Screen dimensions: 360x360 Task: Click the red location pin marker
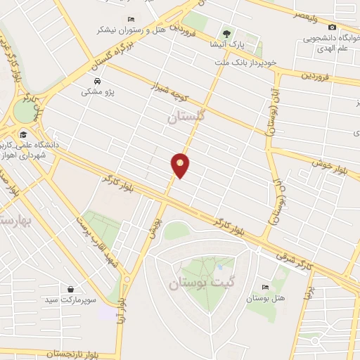[x=181, y=165]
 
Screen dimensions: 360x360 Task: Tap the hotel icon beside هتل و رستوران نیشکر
[x=131, y=19]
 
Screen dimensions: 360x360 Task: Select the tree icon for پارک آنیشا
[x=226, y=33]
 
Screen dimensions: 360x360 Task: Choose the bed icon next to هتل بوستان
[x=264, y=287]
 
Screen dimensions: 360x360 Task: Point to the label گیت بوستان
[x=195, y=285]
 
